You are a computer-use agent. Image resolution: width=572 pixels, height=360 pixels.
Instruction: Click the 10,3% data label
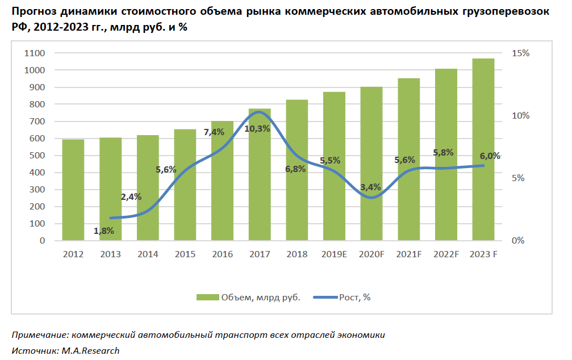pos(257,129)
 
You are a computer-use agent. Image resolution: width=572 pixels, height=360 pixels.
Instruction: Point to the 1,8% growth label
pos(104,231)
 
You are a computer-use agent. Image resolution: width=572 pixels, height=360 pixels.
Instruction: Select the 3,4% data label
pos(370,187)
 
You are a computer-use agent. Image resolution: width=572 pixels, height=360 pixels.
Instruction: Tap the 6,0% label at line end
pos(490,156)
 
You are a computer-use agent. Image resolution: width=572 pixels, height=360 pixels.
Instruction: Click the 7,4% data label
pos(214,132)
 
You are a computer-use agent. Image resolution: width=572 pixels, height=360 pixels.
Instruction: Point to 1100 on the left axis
pos(35,53)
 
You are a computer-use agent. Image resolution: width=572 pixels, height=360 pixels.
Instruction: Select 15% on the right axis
pos(520,53)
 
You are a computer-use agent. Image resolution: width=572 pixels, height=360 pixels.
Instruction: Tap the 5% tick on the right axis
pos(523,178)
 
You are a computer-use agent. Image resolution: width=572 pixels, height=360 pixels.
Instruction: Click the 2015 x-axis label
pos(185,254)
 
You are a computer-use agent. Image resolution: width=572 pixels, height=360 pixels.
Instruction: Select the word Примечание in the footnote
pos(40,334)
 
